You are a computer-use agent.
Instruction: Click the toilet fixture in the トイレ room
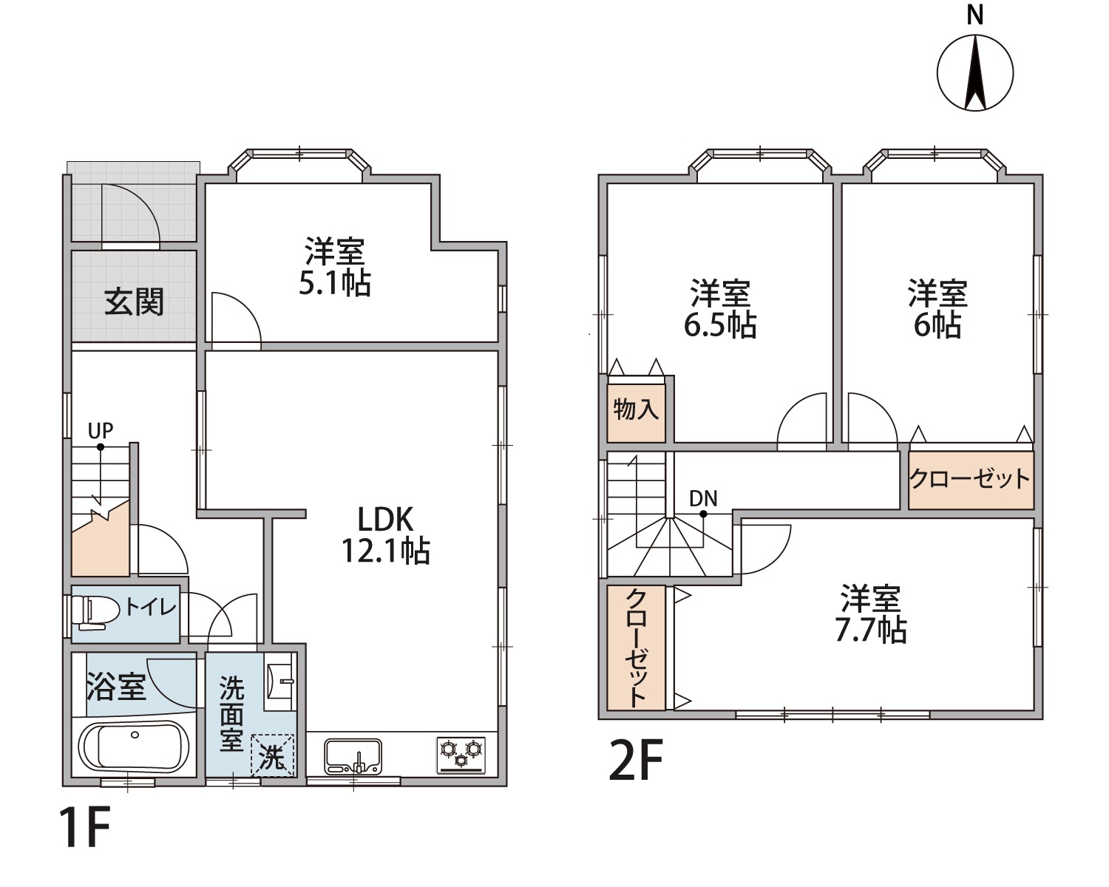click(89, 612)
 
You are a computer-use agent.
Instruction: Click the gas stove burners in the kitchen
click(461, 755)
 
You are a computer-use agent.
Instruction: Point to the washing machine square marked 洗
click(273, 755)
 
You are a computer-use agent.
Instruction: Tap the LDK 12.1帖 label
click(386, 534)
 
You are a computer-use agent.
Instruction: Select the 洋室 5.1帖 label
click(335, 267)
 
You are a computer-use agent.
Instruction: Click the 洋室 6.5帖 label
click(720, 309)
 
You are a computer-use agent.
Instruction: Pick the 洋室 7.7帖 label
click(871, 614)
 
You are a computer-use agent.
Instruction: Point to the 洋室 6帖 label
click(937, 309)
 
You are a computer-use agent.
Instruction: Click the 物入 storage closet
click(636, 413)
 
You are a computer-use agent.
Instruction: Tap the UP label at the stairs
click(101, 429)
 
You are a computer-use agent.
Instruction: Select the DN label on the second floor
click(703, 498)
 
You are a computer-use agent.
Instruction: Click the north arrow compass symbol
click(975, 72)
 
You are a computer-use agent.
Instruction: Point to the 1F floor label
click(85, 828)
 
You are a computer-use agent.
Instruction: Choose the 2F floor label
click(635, 760)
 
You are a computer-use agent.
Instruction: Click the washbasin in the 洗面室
click(279, 682)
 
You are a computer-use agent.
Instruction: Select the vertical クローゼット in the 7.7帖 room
click(636, 648)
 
